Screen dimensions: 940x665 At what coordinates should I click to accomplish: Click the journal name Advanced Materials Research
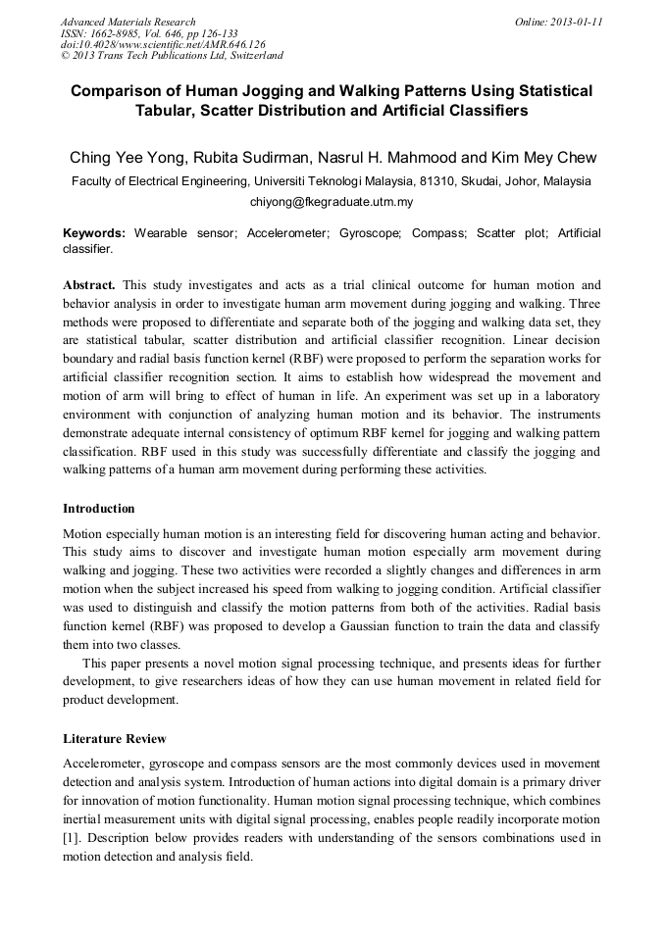pos(128,22)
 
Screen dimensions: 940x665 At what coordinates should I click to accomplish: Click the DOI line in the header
pos(163,45)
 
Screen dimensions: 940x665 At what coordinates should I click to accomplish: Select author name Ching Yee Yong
pos(123,158)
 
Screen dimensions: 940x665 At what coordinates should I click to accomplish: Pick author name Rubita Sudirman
pos(252,158)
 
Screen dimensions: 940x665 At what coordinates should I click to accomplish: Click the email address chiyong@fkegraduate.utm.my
pos(332,203)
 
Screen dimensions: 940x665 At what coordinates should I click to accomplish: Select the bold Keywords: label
pos(94,233)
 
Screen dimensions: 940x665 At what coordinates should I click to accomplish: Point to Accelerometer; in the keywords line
pos(289,233)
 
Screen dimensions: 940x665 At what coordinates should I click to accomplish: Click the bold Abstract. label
pos(89,285)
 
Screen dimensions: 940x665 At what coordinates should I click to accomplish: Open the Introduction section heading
pos(99,509)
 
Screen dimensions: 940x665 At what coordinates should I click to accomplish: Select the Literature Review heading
pos(115,738)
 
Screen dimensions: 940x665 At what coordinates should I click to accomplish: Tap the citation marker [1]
pos(72,838)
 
